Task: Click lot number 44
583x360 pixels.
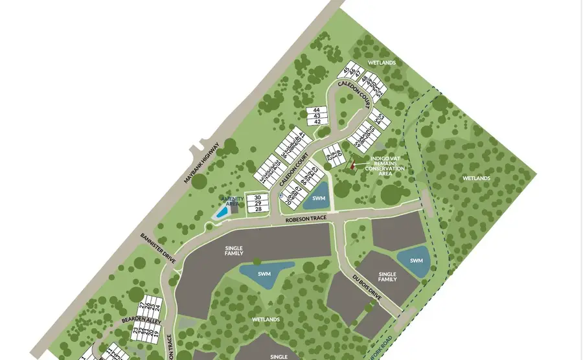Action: click(317, 110)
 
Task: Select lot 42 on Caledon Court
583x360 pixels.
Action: click(317, 121)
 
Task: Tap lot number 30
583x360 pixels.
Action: click(258, 197)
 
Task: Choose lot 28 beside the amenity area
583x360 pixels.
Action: click(258, 209)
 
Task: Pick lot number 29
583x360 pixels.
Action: click(258, 203)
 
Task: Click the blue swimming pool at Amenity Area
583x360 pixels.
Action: click(222, 212)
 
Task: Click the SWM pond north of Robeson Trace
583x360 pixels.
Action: click(317, 198)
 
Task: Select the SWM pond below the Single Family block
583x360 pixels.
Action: click(264, 273)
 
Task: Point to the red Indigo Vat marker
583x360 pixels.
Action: click(353, 164)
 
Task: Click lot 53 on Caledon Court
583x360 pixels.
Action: click(380, 117)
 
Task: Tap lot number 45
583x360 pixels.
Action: click(347, 71)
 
